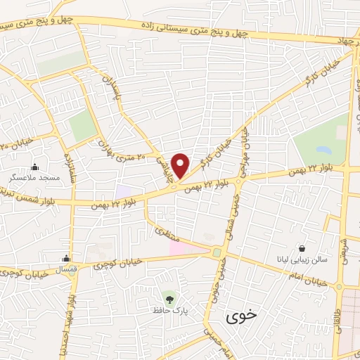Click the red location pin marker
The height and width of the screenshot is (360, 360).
point(181,165)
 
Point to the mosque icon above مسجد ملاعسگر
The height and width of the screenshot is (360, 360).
point(35,167)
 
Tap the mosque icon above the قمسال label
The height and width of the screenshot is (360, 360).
point(67,258)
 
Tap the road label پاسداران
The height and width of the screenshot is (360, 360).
point(110,91)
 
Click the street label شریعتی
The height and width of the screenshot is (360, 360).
point(345,245)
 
